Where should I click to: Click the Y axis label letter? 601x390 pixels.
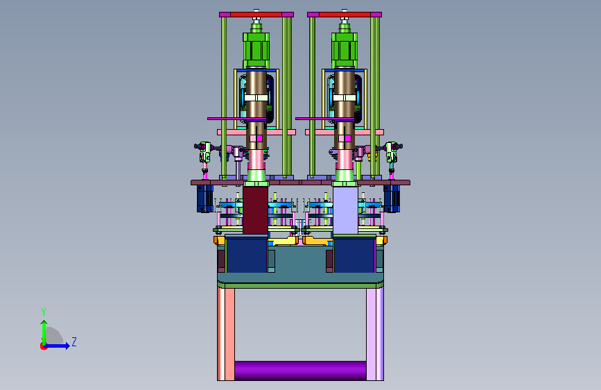[44, 312]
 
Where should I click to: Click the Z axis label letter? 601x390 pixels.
[74, 341]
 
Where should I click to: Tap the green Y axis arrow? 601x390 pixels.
[44, 333]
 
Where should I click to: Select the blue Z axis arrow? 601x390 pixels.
[57, 346]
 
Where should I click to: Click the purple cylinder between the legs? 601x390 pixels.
[300, 371]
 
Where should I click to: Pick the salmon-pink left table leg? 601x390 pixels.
[226, 334]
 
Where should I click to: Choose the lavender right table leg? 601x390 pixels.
[375, 334]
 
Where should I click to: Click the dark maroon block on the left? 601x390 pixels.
[255, 210]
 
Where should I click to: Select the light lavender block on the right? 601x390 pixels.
[345, 210]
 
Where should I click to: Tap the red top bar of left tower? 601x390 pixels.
[256, 15]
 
